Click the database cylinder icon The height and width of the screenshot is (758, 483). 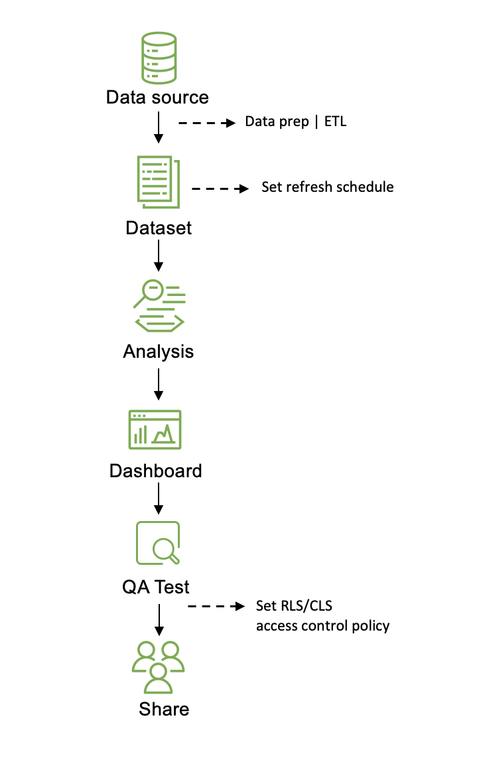point(158,56)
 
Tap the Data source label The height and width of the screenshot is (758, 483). point(157,98)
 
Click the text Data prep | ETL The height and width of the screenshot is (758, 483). point(295,121)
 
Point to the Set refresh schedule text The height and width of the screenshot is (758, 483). point(327,187)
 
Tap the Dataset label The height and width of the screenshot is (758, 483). point(159,228)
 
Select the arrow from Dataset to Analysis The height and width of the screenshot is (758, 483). point(158,256)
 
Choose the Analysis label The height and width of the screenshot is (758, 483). point(159,351)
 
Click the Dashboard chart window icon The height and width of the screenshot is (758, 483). point(155,429)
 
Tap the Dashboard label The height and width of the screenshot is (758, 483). point(156,471)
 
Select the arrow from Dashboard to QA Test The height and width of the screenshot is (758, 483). point(158,498)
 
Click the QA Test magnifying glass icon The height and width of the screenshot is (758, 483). point(158,543)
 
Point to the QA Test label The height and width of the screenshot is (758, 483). point(156,587)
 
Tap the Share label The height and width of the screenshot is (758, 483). point(164,709)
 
